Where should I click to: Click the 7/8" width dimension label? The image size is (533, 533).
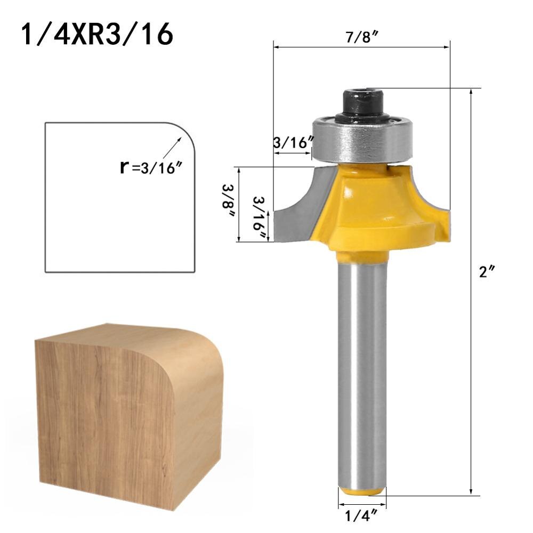click(x=361, y=36)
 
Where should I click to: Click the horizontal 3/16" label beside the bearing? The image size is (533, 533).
click(x=292, y=143)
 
